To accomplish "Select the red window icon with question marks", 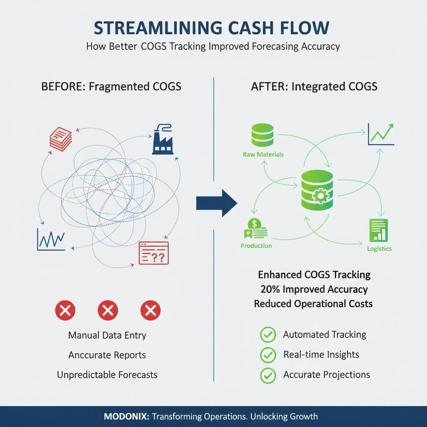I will click(x=153, y=253).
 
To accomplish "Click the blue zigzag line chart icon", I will click(x=51, y=240).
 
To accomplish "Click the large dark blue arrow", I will click(x=216, y=203).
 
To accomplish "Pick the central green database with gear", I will click(x=317, y=190).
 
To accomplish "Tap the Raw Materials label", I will click(x=263, y=154).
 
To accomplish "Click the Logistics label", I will click(x=379, y=249).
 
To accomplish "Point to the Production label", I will click(x=256, y=246).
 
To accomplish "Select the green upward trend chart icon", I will click(x=381, y=134).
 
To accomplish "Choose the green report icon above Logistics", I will click(x=378, y=230).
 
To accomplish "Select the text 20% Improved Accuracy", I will click(x=313, y=289).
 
